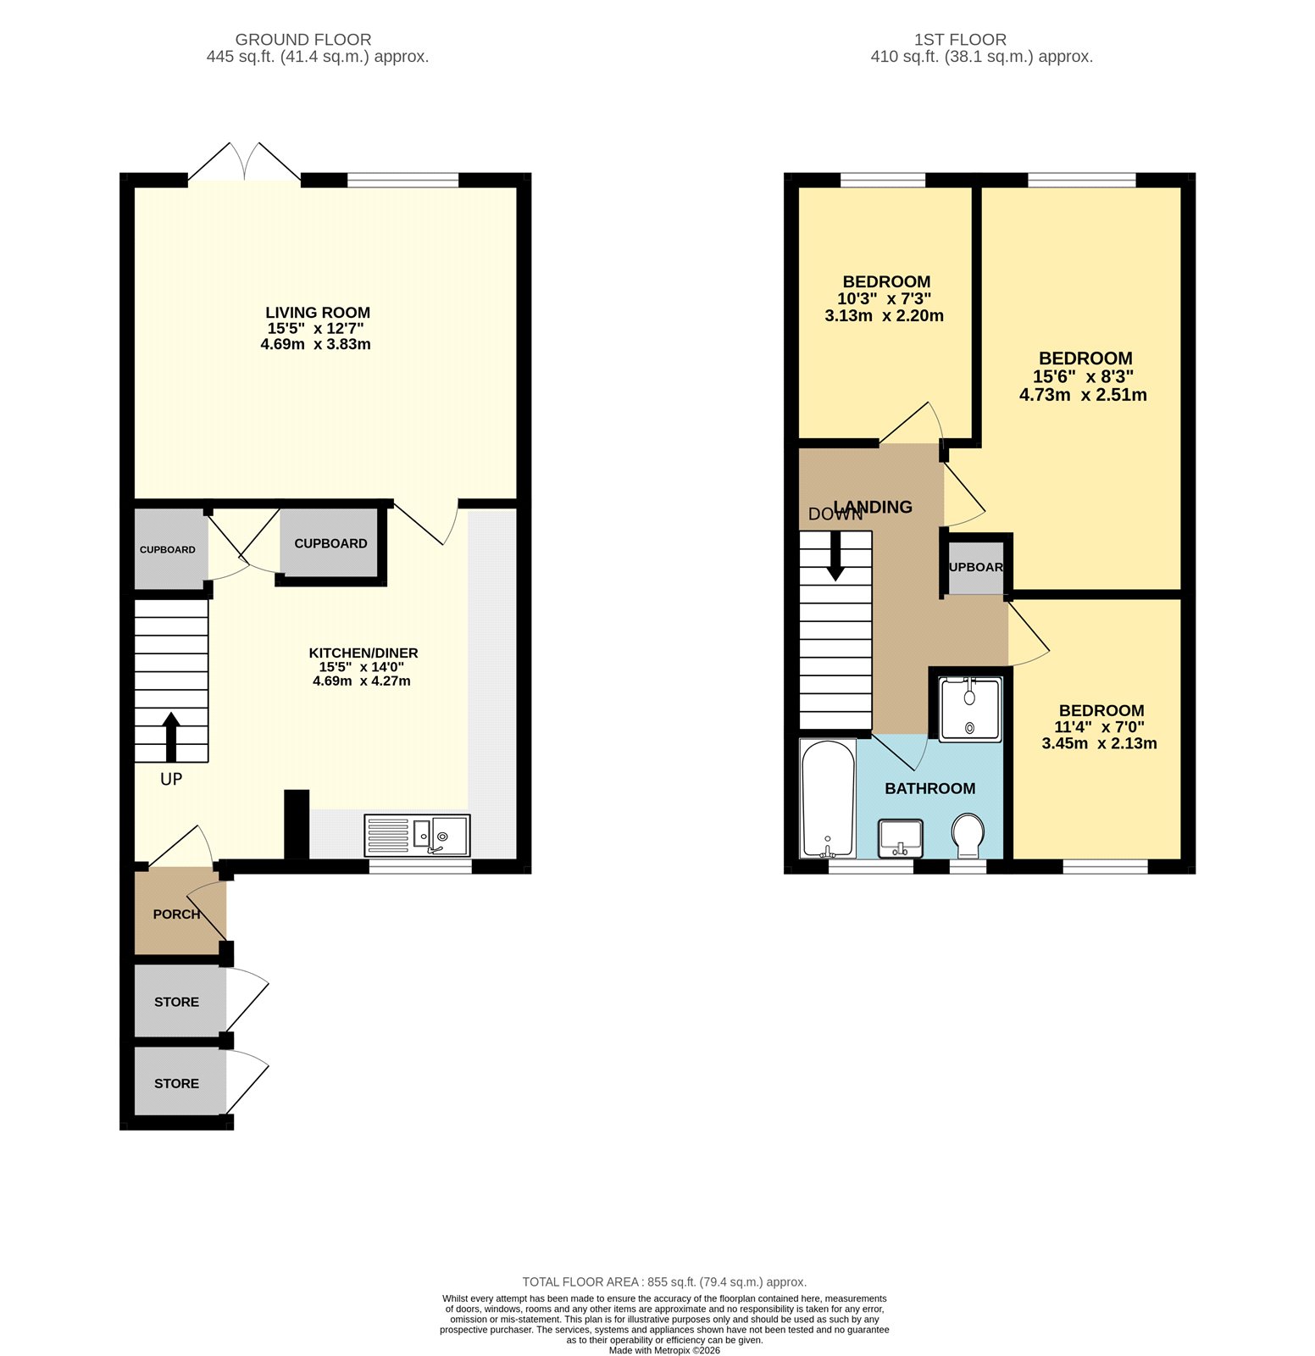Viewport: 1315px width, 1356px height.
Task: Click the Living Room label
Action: [317, 313]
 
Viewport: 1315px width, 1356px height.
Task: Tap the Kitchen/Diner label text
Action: [363, 653]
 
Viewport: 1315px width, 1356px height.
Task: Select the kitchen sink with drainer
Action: [417, 836]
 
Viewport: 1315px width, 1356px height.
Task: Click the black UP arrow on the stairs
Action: [171, 736]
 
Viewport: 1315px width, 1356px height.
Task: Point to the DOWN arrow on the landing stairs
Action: [835, 557]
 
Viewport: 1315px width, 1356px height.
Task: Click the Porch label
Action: [176, 914]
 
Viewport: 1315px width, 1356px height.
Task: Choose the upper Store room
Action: [176, 1002]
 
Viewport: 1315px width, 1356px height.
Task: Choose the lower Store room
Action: [176, 1083]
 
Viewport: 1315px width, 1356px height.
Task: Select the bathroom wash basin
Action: [900, 837]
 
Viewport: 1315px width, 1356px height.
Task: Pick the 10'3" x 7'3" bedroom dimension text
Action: [884, 299]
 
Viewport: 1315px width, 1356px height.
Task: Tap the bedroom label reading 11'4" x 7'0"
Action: [1099, 727]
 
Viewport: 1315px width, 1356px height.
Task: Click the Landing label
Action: [873, 507]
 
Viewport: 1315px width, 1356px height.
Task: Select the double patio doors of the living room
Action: [244, 163]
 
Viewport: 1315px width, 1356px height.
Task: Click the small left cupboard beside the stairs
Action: [168, 549]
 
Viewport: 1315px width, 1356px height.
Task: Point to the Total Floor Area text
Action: [663, 1282]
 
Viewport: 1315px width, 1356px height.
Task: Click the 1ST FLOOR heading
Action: [960, 40]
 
